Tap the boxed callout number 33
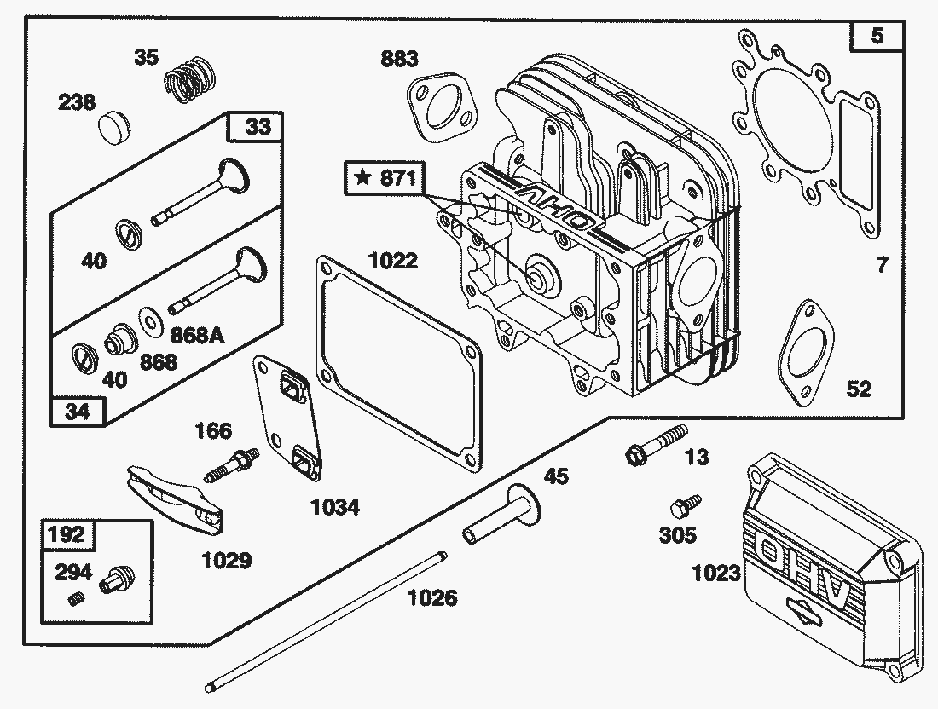pos(258,127)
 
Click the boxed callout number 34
pos(78,412)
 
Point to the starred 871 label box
pos(384,178)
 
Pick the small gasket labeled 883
pos(440,106)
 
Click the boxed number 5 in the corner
pos(877,37)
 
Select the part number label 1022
pos(393,260)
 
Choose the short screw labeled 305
pos(685,505)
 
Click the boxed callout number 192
pos(67,534)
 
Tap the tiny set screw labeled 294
pos(75,598)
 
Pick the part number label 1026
pos(431,597)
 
